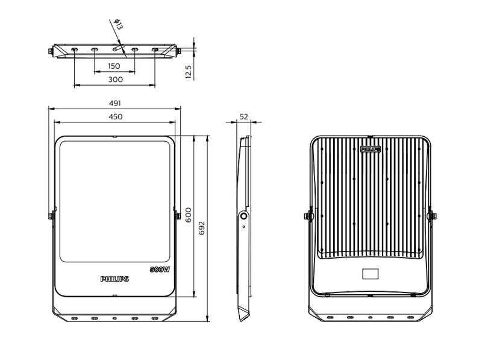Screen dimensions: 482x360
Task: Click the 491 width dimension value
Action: pos(115,103)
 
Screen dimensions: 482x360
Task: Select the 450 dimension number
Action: pos(116,116)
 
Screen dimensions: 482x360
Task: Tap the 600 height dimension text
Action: pos(188,215)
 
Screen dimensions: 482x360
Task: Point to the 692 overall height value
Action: pos(202,228)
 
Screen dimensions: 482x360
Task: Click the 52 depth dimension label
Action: pos(244,116)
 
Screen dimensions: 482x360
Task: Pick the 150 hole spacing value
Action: pos(114,66)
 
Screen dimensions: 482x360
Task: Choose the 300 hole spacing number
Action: pos(116,80)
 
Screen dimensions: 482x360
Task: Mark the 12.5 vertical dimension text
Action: pos(189,72)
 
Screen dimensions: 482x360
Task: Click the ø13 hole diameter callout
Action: pos(118,24)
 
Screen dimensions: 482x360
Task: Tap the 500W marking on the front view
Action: pos(160,270)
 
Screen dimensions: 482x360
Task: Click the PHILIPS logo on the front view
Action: pos(114,279)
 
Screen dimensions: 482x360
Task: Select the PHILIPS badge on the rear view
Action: pos(371,149)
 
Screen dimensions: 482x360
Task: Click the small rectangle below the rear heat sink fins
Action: pos(371,274)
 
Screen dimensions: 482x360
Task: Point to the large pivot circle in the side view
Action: pos(244,216)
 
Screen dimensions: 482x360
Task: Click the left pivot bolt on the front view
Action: pos(52,216)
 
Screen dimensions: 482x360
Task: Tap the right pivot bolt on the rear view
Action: pos(433,216)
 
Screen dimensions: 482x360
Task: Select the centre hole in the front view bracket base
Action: pos(114,318)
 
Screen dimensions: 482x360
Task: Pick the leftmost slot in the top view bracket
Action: pos(74,49)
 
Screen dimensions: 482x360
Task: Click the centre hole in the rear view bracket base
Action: pos(371,317)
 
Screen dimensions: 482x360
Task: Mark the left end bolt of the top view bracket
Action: pos(51,51)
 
